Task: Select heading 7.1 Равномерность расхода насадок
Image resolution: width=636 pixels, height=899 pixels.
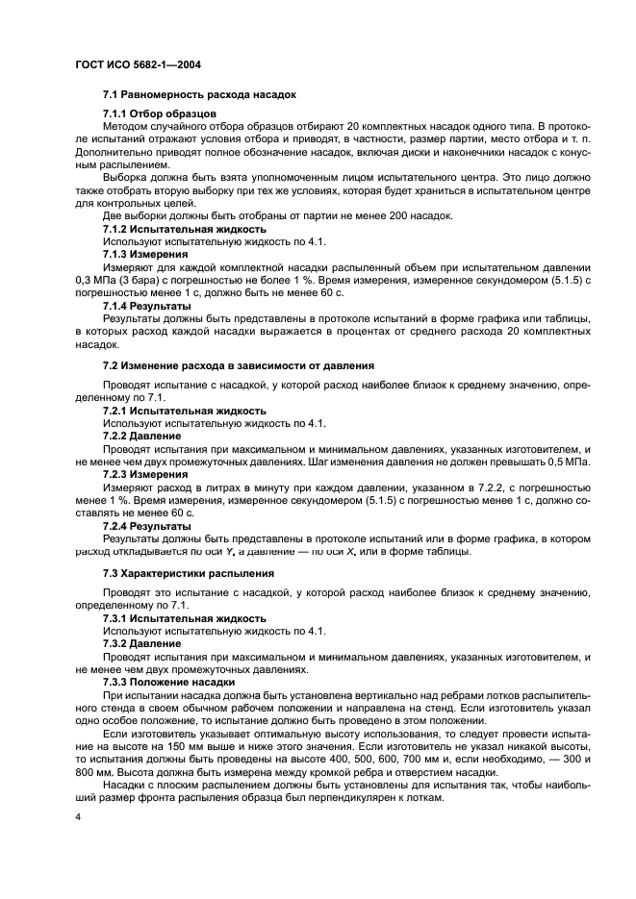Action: [x=199, y=95]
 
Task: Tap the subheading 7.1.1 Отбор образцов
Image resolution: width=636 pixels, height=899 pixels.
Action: [x=160, y=113]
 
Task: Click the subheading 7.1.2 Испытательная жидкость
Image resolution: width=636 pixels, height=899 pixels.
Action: [x=184, y=229]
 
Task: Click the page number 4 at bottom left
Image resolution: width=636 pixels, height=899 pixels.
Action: [x=76, y=817]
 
